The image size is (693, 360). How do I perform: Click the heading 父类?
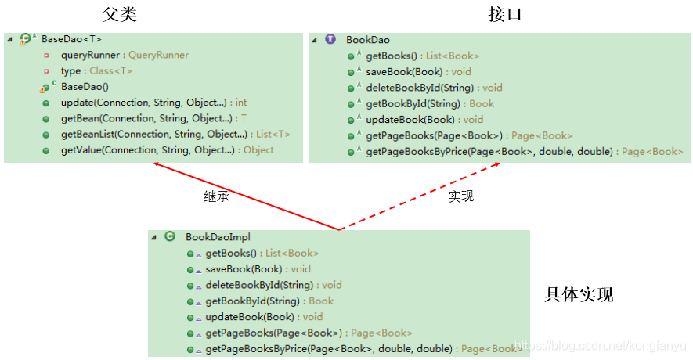(120, 14)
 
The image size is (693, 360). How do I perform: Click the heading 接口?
(504, 14)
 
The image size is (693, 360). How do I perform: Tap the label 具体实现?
(579, 294)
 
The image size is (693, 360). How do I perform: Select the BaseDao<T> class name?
(71, 39)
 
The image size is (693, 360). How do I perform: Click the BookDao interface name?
(368, 39)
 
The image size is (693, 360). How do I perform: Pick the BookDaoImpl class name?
(218, 236)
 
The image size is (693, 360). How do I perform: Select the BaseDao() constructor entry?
(85, 87)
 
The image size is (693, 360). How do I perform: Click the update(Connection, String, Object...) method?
(153, 103)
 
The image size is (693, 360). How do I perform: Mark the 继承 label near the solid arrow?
(216, 196)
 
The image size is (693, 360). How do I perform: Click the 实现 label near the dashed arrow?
(461, 196)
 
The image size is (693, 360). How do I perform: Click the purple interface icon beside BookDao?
(330, 39)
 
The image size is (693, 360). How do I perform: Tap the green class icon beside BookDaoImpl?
(170, 236)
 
